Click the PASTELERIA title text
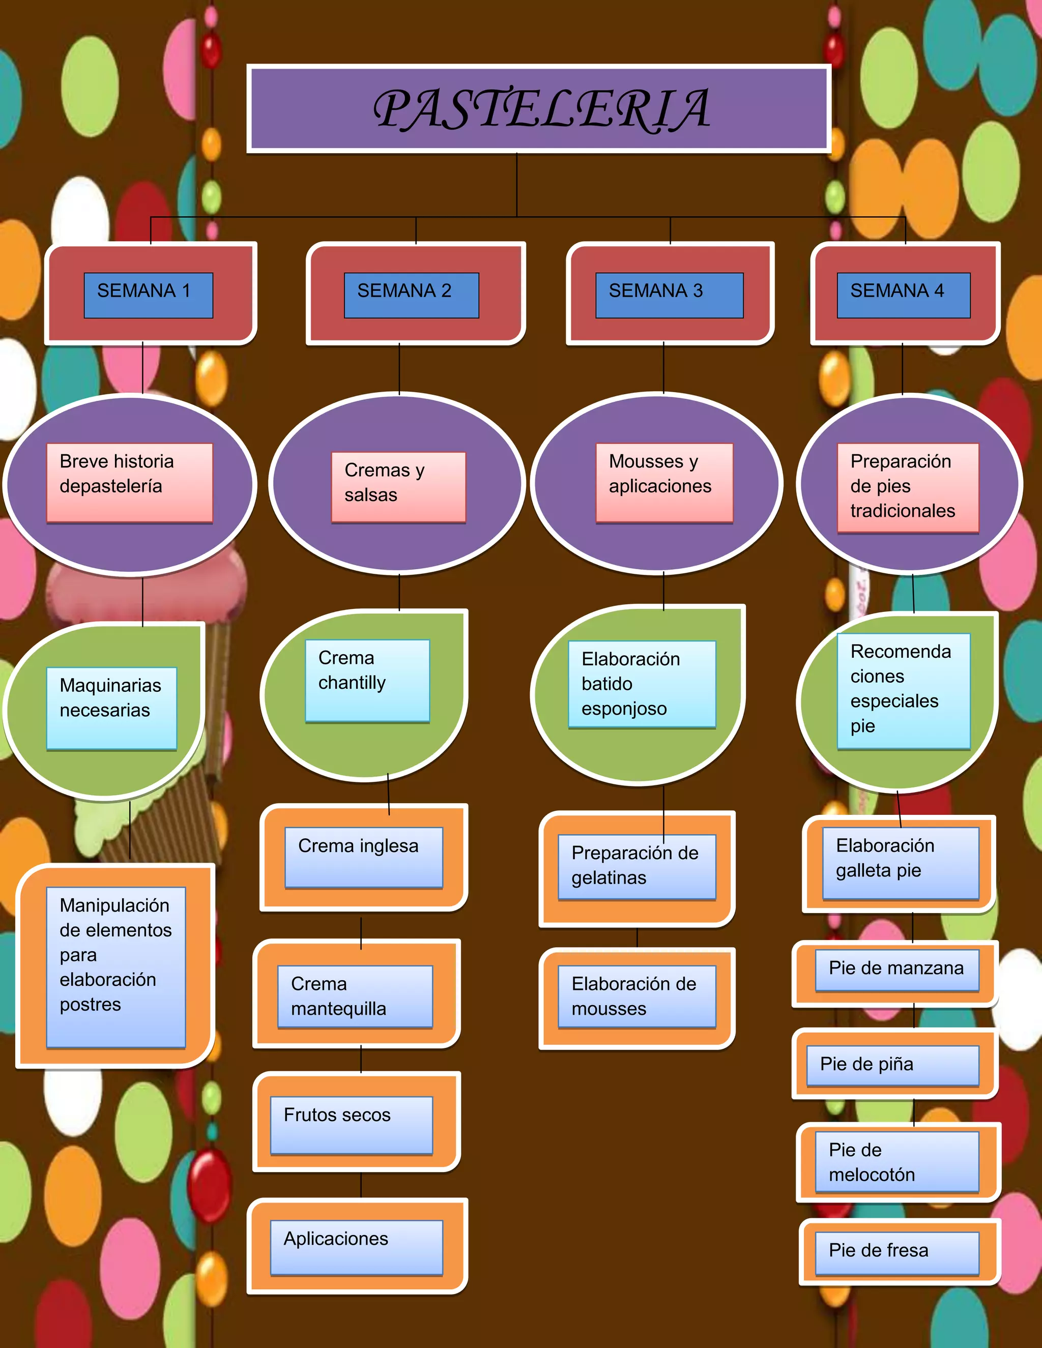click(x=541, y=109)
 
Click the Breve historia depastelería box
click(x=130, y=482)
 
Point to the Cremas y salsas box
click(x=398, y=486)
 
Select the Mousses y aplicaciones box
click(x=664, y=482)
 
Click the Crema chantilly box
click(x=367, y=680)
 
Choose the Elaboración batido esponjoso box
click(x=642, y=684)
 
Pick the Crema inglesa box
click(x=364, y=857)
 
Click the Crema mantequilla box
click(x=355, y=996)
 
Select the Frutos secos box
click(x=351, y=1125)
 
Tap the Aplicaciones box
click(x=356, y=1247)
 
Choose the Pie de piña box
click(x=892, y=1065)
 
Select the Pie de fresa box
click(x=897, y=1252)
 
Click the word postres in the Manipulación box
click(x=90, y=1005)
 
